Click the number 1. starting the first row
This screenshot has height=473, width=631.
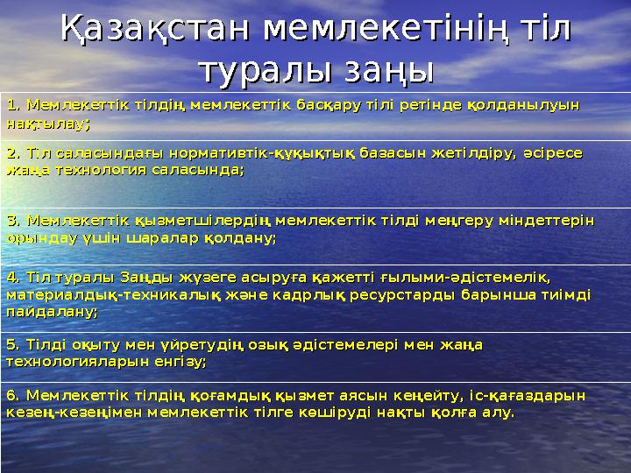pyautogui.click(x=13, y=106)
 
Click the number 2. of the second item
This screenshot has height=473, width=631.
pyautogui.click(x=13, y=153)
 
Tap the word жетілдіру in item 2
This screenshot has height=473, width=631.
pyautogui.click(x=469, y=153)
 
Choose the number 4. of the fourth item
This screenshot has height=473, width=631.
pyautogui.click(x=13, y=278)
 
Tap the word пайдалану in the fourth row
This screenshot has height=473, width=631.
pyautogui.click(x=50, y=311)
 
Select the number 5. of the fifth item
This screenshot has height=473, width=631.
pyautogui.click(x=13, y=343)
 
